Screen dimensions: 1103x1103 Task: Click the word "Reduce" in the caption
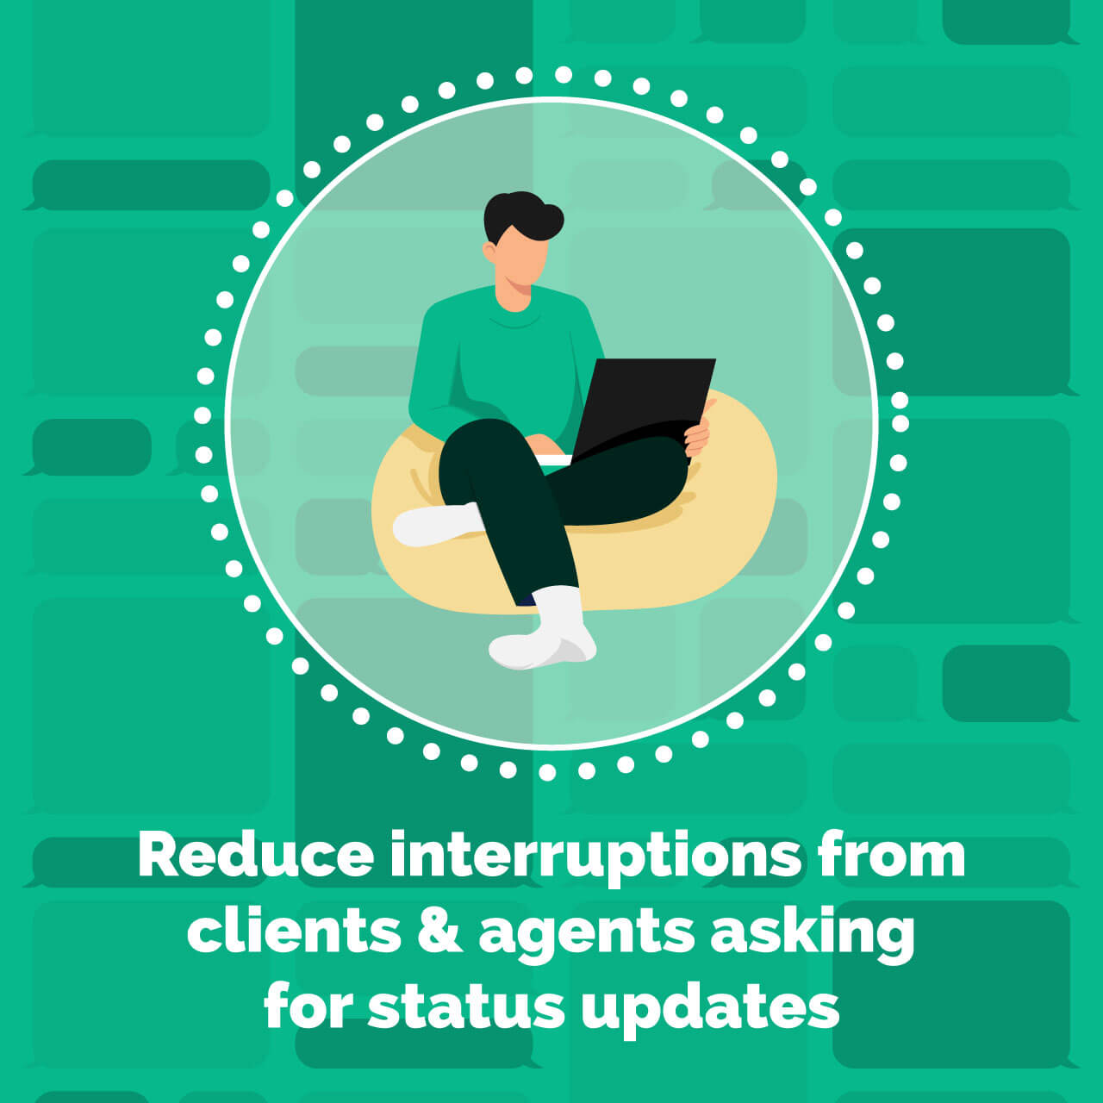tap(256, 856)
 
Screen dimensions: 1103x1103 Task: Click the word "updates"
tap(710, 1008)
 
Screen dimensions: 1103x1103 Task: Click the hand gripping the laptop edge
tap(698, 435)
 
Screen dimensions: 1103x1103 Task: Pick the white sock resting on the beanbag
tap(435, 524)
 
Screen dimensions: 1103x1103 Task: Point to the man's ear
tap(490, 252)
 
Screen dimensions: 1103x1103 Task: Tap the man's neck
tap(514, 297)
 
